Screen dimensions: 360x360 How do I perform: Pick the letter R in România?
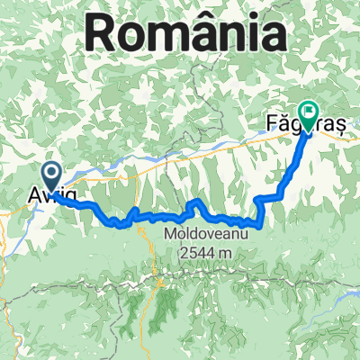pos(102,36)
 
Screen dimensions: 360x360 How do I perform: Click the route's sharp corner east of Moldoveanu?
pos(261,225)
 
